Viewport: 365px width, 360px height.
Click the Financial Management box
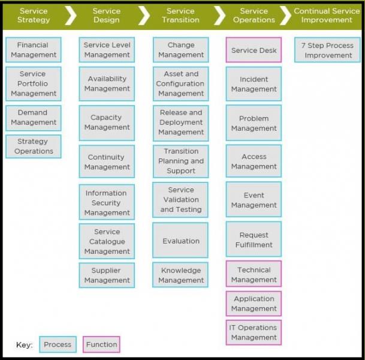[34, 50]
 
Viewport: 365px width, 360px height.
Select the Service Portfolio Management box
[34, 83]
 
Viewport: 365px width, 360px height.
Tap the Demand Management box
[34, 118]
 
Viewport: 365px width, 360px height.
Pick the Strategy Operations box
[34, 146]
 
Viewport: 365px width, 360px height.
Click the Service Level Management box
[107, 50]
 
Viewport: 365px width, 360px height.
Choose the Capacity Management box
[107, 122]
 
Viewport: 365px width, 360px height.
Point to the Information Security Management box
[107, 203]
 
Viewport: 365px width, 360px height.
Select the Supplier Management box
[107, 275]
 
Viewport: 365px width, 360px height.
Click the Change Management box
[181, 50]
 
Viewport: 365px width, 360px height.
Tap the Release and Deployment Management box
[181, 122]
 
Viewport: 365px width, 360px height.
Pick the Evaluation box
[181, 241]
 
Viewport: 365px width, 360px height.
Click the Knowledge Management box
[181, 275]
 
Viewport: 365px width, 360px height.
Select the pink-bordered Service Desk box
[254, 50]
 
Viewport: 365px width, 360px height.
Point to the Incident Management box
[254, 84]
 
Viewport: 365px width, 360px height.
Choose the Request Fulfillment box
[254, 240]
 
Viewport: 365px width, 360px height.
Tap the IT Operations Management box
[254, 332]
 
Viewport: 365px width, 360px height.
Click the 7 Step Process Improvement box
[328, 50]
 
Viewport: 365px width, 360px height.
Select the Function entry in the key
[101, 344]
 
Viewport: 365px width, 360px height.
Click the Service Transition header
[180, 16]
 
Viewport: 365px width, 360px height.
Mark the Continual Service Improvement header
[327, 16]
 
